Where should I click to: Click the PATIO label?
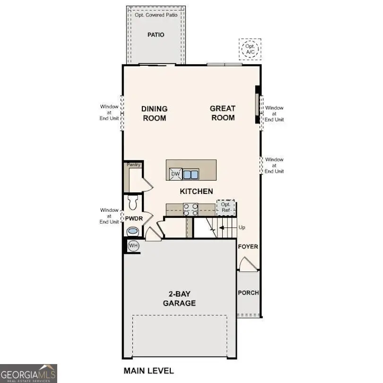click(156, 35)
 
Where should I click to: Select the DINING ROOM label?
click(154, 113)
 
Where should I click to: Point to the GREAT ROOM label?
click(223, 113)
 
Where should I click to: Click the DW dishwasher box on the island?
click(175, 174)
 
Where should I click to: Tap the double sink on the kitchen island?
click(191, 174)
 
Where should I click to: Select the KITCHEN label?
click(196, 191)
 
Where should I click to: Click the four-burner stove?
click(191, 209)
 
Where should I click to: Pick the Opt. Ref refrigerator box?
click(226, 208)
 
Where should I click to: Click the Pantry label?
click(133, 165)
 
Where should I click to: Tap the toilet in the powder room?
click(132, 202)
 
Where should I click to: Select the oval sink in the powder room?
click(133, 232)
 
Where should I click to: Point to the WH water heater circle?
click(133, 245)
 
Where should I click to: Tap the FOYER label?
click(248, 247)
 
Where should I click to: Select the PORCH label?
click(248, 293)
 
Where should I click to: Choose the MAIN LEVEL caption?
click(148, 370)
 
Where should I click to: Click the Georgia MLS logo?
click(28, 373)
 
